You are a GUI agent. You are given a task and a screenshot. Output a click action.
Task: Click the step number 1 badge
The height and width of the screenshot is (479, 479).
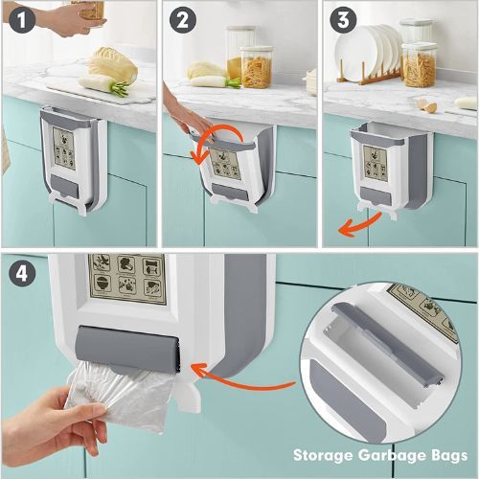22,19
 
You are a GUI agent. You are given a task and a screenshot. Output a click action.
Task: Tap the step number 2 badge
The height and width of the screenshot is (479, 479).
182,19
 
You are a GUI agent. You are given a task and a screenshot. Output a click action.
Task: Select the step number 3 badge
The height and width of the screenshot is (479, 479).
343,19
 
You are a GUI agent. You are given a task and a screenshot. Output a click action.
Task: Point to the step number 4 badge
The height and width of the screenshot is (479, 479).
22,274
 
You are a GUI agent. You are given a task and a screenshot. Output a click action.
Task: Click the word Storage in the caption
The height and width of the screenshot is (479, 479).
323,455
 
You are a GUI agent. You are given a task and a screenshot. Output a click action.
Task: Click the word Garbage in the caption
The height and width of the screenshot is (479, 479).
393,455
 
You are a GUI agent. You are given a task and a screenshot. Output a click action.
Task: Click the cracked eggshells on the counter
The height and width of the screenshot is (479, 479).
427,105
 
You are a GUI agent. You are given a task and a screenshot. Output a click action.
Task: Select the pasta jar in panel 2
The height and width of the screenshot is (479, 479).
257,67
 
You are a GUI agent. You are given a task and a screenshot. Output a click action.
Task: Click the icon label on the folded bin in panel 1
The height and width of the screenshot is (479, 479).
64,148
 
